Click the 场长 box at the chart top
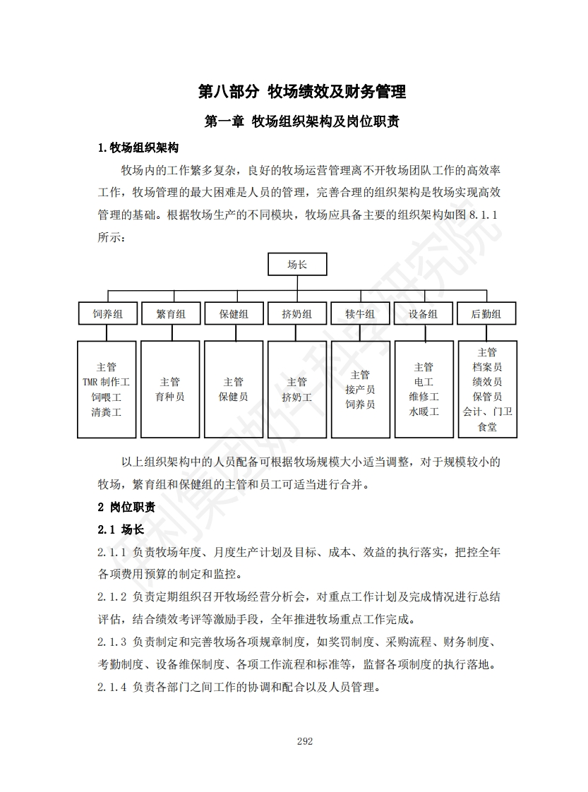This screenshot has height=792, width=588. [x=296, y=265]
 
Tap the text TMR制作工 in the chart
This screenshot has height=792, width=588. [x=107, y=382]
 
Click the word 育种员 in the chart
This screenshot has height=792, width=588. [x=170, y=397]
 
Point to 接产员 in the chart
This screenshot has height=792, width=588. [x=360, y=390]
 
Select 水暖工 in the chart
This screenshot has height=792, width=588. [x=423, y=412]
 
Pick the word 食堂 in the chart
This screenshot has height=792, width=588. [x=487, y=427]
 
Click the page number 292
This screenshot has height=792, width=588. [x=305, y=741]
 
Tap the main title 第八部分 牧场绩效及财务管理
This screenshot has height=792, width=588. [x=302, y=92]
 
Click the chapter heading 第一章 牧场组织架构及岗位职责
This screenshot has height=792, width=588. [x=302, y=121]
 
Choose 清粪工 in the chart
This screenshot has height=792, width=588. [x=107, y=412]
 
